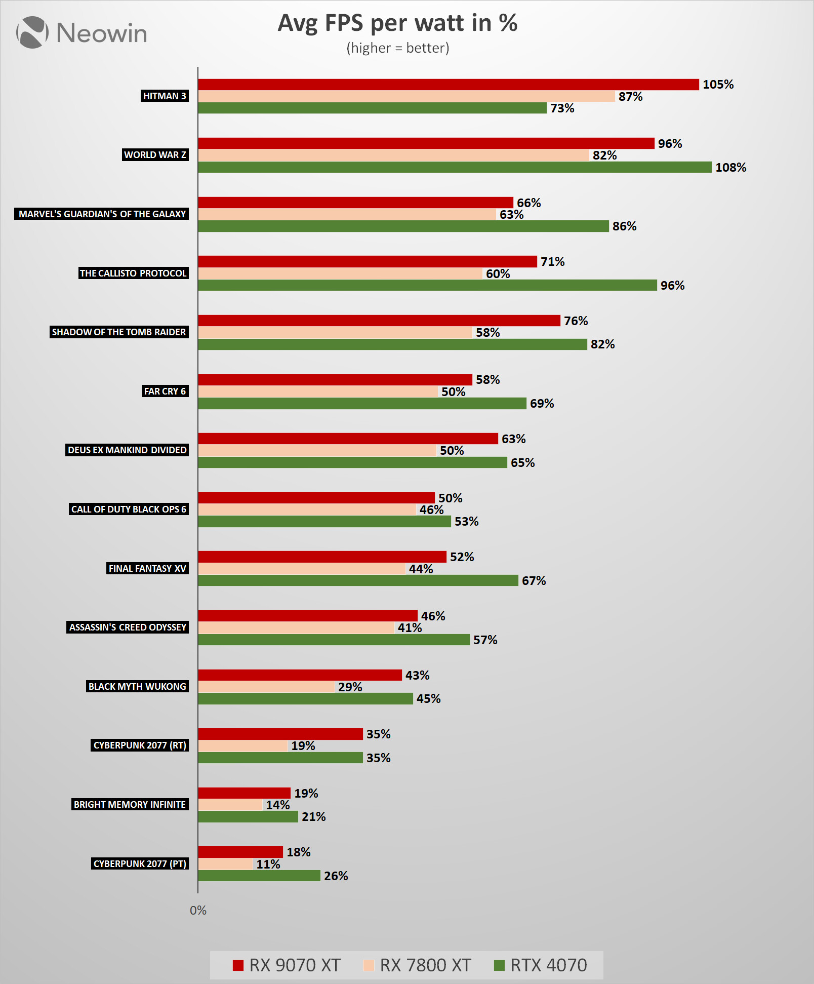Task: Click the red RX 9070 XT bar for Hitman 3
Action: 448,85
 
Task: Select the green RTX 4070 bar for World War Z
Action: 455,167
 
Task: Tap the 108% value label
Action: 730,168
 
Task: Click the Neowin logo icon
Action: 32,32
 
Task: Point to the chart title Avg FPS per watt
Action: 397,23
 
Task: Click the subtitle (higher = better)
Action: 397,48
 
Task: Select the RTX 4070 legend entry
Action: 541,965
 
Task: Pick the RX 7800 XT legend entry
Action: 417,965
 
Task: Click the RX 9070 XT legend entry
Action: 287,965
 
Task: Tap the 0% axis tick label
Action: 198,911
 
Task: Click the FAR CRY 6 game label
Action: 165,391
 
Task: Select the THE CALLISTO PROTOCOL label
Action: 133,273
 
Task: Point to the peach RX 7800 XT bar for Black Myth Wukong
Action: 266,687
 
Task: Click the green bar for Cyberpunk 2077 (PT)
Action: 259,876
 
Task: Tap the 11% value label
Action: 268,864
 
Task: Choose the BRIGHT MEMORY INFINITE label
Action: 130,804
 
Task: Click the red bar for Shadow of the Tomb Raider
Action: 379,321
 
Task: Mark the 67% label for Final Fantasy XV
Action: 534,581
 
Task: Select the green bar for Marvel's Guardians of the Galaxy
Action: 403,226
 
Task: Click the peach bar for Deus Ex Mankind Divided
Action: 317,450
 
